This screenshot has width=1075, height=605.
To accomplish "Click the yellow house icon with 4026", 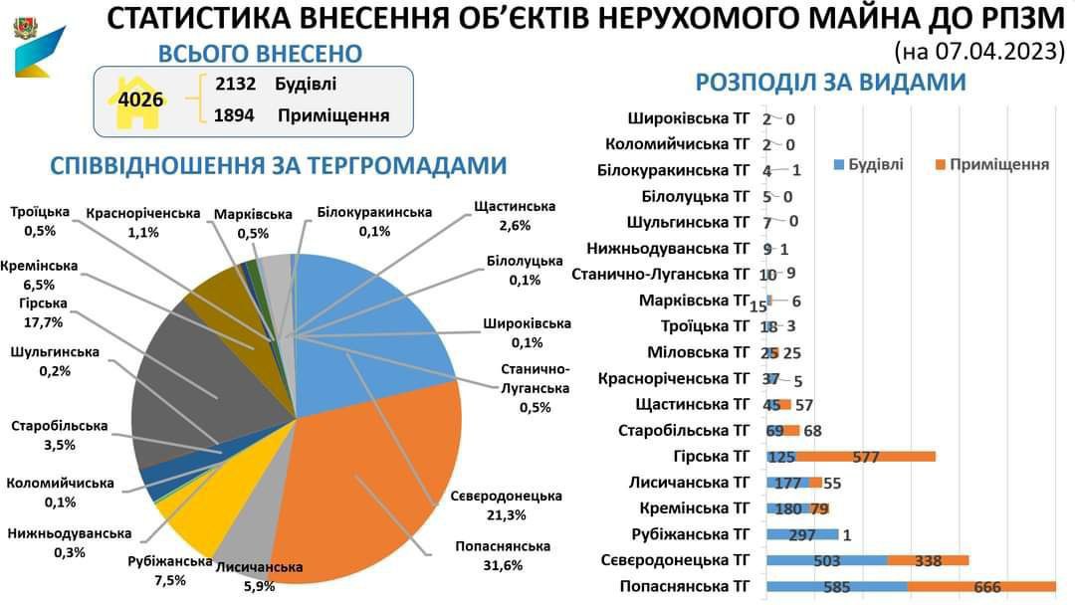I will [x=139, y=100].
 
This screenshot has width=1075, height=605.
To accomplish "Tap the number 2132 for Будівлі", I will [x=236, y=84].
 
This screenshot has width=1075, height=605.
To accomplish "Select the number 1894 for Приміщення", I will [x=234, y=115].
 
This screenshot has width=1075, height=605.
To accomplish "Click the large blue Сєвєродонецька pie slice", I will [x=368, y=318].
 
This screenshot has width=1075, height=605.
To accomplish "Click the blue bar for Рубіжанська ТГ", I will [x=802, y=534].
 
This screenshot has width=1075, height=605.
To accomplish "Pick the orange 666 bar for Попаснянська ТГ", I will [x=981, y=587].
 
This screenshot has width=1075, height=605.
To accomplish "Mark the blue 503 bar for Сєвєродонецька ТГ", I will [x=826, y=560].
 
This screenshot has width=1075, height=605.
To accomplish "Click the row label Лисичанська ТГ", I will [x=688, y=483].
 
